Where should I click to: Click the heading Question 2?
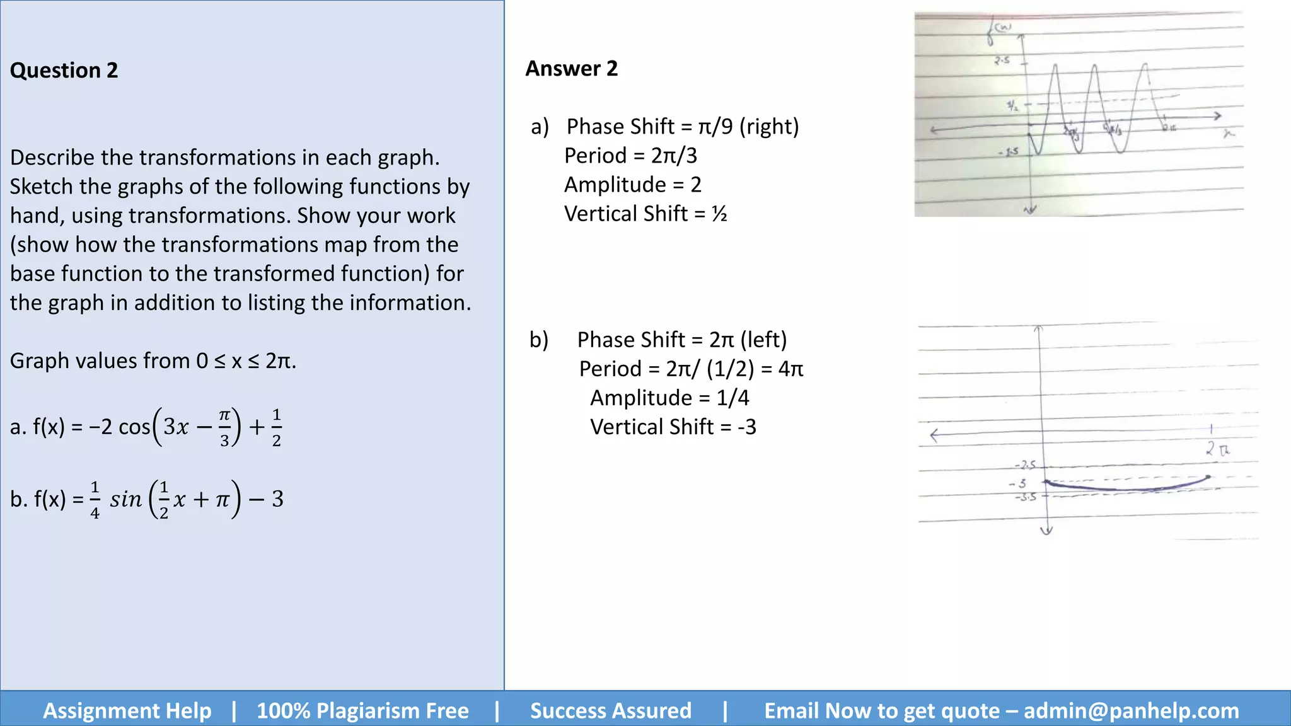(x=64, y=70)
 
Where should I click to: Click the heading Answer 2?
(x=572, y=68)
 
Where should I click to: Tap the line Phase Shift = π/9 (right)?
(x=682, y=127)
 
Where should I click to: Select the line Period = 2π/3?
(x=630, y=156)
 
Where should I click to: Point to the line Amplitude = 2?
(x=632, y=185)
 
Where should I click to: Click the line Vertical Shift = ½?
(x=645, y=214)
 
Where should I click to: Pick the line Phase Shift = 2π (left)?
(x=682, y=340)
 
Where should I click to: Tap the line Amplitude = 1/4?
(x=669, y=398)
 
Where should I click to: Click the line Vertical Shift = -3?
(x=673, y=427)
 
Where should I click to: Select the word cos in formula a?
(x=134, y=427)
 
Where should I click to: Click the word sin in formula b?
(x=125, y=499)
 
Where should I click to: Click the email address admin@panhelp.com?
(x=1131, y=711)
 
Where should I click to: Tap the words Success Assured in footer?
(x=610, y=711)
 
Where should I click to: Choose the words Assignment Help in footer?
(x=127, y=711)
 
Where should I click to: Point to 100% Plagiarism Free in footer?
(x=362, y=711)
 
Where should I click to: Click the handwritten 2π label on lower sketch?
(x=1217, y=449)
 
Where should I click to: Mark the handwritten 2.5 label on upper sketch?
(x=1002, y=61)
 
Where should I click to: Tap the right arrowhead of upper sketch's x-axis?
(x=1219, y=116)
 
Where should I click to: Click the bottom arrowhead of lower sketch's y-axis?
(x=1046, y=531)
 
